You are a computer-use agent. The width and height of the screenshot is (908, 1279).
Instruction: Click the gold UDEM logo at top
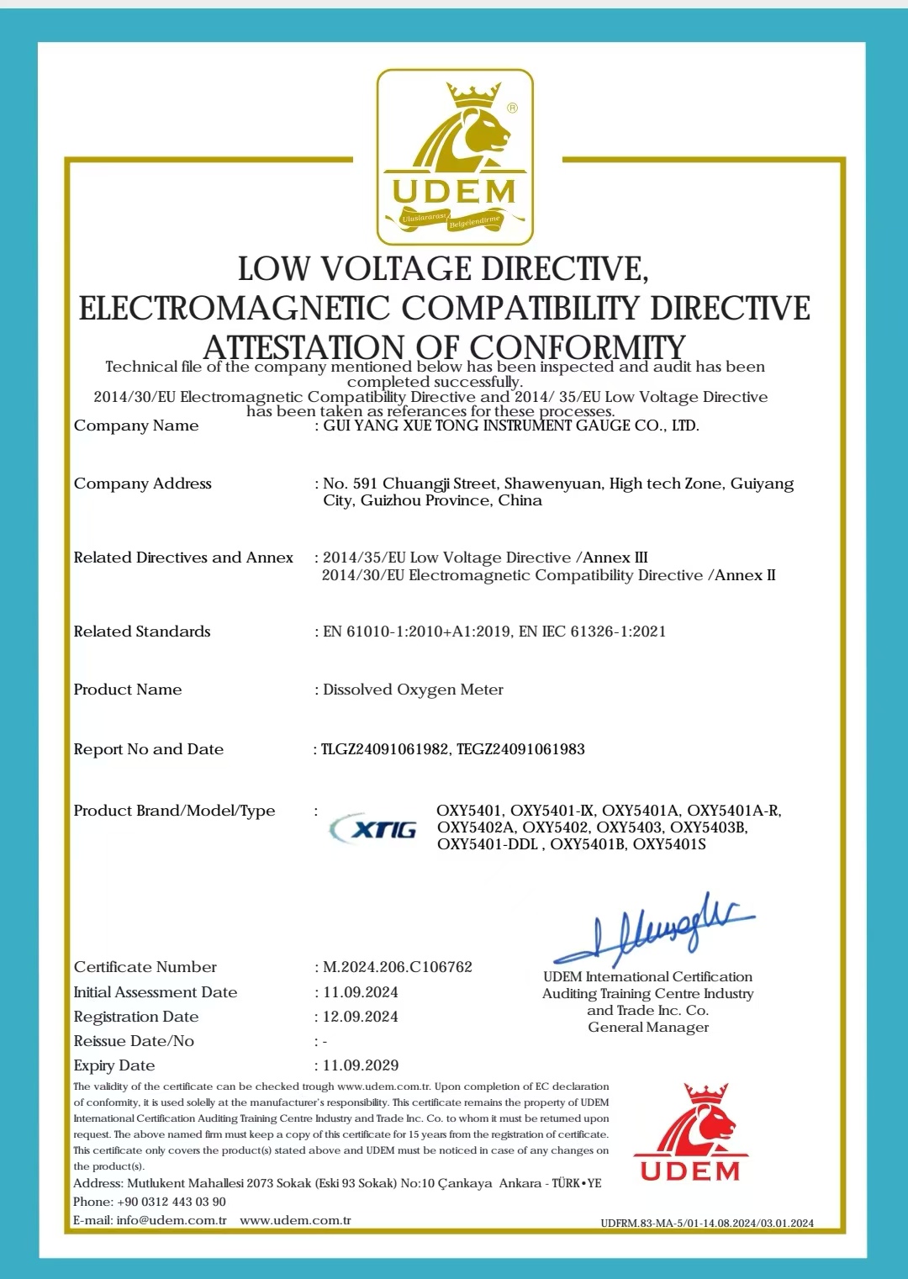point(455,157)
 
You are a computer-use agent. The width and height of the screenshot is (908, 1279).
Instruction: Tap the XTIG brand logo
point(374,828)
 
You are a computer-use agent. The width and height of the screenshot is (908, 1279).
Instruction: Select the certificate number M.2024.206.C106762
point(398,967)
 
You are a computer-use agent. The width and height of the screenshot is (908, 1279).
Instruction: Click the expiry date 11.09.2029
point(361,1065)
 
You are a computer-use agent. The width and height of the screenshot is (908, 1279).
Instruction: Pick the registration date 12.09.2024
point(361,1017)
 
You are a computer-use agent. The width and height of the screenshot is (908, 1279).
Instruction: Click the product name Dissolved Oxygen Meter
point(413,690)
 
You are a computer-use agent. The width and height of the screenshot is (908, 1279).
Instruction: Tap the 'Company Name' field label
point(136,425)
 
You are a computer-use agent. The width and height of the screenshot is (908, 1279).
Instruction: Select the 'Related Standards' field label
point(142,632)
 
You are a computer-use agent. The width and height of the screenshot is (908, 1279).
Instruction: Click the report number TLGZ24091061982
point(385,749)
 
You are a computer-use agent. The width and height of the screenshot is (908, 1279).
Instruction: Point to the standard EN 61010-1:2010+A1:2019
point(416,632)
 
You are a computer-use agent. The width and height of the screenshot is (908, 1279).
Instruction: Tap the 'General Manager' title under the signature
point(648,1028)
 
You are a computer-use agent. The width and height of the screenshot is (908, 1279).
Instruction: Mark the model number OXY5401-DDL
point(488,844)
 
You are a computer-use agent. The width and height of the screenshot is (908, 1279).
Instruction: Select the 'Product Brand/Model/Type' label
point(174,811)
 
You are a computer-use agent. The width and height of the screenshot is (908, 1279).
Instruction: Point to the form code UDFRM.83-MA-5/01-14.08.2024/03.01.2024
point(707,1223)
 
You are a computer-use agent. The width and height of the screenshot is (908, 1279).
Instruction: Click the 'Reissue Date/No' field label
point(134,1041)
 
